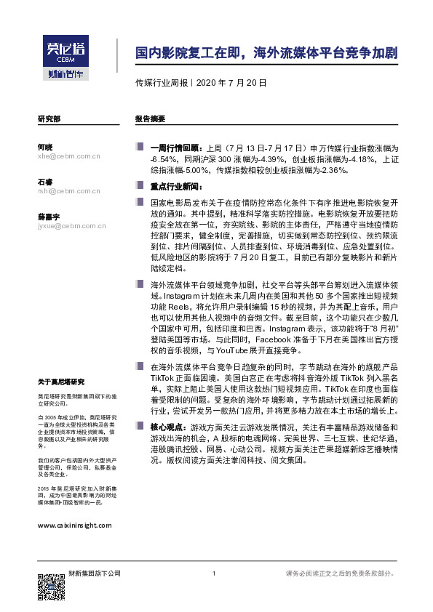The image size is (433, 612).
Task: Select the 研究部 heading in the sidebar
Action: pos(49,118)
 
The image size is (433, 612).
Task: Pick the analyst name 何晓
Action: pos(44,147)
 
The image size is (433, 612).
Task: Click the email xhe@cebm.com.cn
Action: pos(68,156)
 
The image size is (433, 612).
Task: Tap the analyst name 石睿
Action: pos(44,182)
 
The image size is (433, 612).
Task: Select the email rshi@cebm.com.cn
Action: pos(68,190)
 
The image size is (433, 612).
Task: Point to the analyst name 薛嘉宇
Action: pos(48,217)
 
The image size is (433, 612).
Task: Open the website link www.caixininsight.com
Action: pos(74,524)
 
